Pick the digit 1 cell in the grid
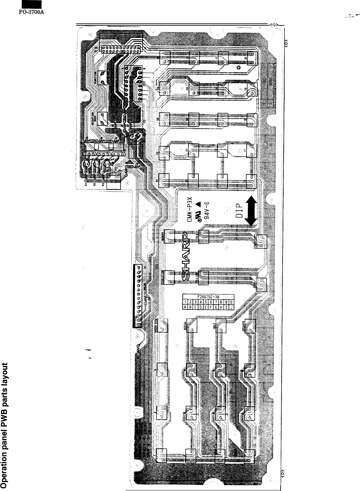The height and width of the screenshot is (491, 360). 185,302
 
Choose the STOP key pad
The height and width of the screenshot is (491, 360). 261,284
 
